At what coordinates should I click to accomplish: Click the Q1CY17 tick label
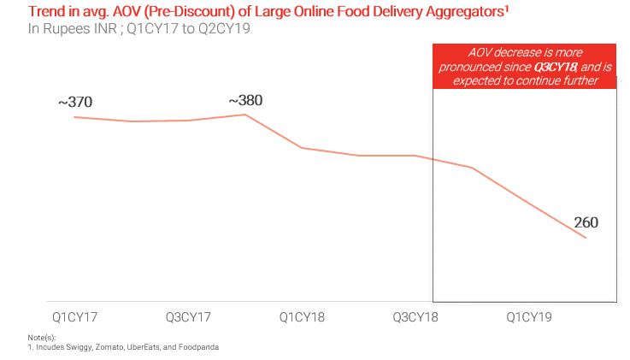coord(74,317)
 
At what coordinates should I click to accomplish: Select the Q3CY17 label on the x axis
coord(188,317)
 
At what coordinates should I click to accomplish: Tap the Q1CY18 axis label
coord(302,317)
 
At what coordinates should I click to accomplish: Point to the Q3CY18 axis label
coord(415,317)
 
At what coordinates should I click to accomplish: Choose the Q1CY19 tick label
coord(529,317)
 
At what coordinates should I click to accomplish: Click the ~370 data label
coord(75,103)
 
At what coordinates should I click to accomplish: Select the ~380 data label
coord(245,101)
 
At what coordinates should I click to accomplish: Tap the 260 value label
coord(586,222)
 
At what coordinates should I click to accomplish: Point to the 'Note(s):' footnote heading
coord(41,339)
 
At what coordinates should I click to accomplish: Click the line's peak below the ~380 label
coord(245,115)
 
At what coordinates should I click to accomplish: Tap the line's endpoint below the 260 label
coord(586,238)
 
